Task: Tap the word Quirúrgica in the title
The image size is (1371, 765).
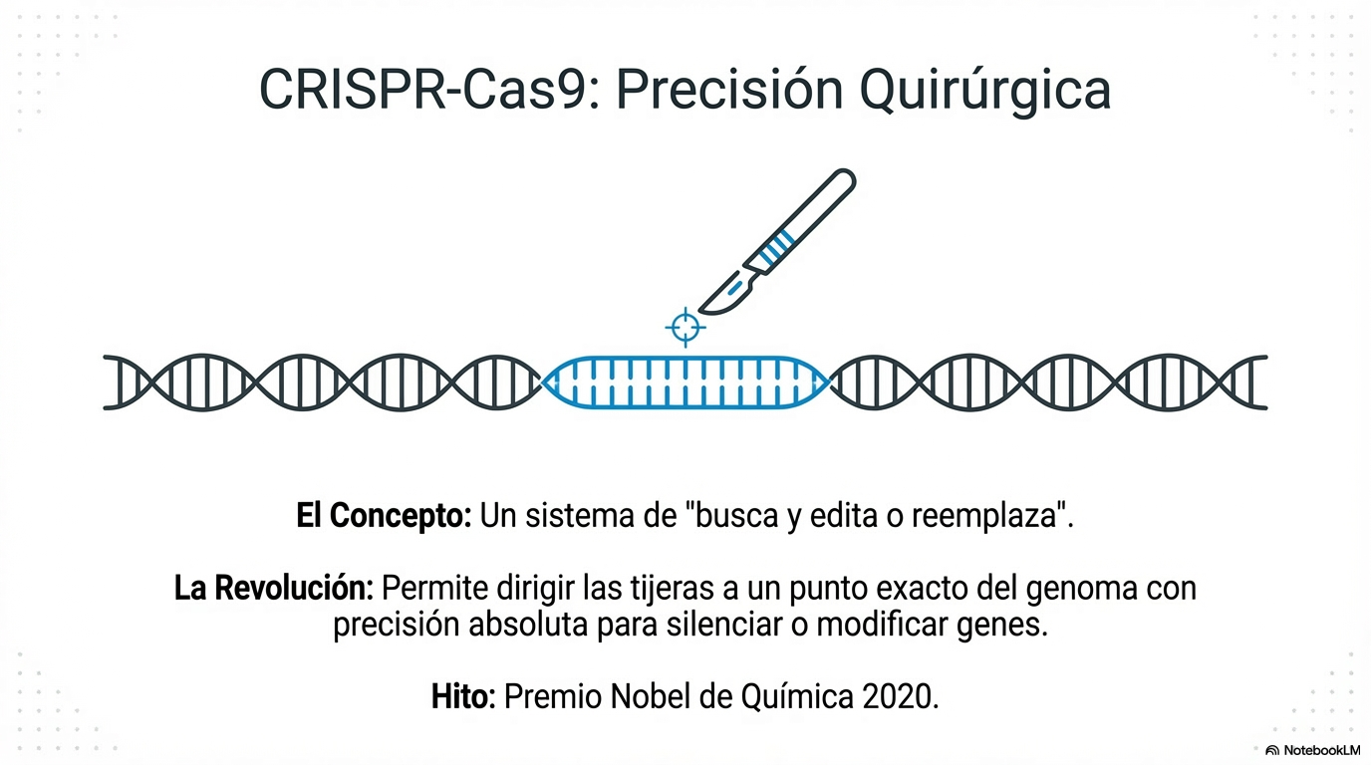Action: pos(984,92)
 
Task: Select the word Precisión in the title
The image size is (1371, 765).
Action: pos(729,90)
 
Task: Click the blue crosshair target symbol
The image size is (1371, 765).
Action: pos(685,328)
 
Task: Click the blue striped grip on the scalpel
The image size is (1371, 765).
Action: pos(775,247)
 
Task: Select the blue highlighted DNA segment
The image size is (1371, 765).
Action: pos(685,382)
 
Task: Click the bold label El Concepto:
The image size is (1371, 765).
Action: pos(384,516)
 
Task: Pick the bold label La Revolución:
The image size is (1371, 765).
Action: pos(274,588)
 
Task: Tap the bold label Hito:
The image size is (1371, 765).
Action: pos(463,696)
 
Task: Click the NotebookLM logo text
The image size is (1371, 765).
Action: pos(1321,750)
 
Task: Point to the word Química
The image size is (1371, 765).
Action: pos(797,697)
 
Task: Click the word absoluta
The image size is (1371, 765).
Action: pos(528,626)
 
